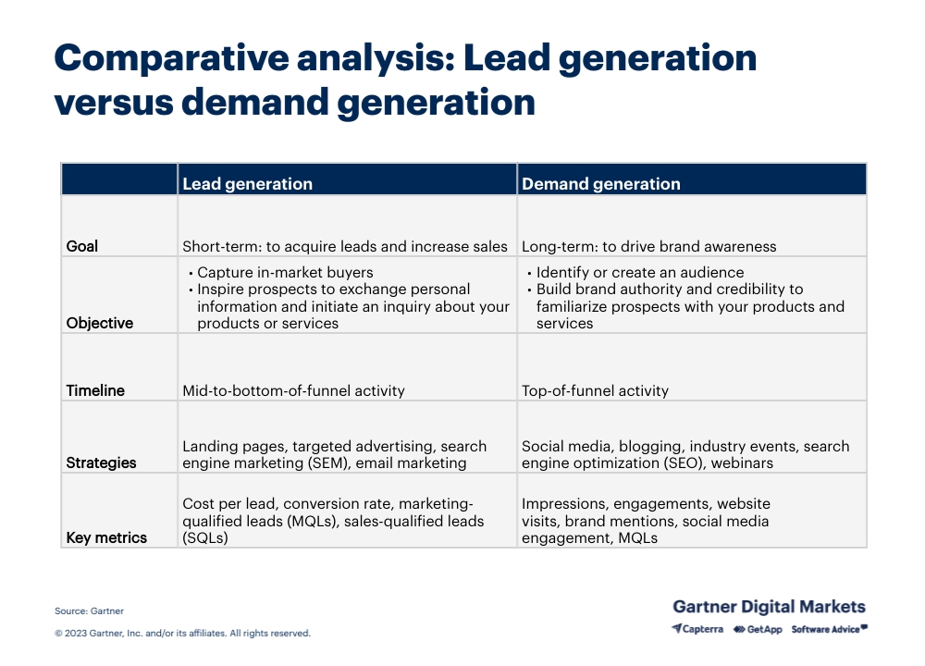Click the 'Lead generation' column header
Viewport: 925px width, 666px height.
[247, 184]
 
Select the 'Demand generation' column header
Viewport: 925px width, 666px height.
[600, 184]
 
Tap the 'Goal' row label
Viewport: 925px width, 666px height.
[82, 247]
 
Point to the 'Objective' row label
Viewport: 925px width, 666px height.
[100, 323]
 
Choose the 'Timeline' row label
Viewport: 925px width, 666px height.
[95, 390]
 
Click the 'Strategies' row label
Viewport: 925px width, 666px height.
[101, 462]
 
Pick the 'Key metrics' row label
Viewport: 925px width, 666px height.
[106, 537]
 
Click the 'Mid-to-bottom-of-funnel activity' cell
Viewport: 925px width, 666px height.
[293, 390]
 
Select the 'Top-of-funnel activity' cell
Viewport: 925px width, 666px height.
[595, 390]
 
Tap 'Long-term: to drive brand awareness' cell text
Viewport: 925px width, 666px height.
[648, 247]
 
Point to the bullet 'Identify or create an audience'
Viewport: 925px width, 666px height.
[639, 273]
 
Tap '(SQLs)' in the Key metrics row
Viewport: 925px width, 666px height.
[205, 537]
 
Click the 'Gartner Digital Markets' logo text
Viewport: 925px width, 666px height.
[769, 607]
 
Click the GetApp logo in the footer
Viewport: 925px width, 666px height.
[758, 629]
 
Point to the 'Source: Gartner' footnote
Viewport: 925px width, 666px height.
[89, 610]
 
